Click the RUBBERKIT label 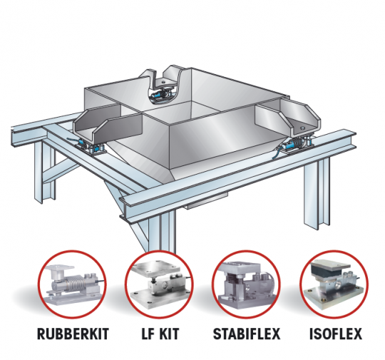tap(73, 334)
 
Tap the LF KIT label tap(160, 334)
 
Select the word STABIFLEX tap(247, 334)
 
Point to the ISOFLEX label tap(336, 334)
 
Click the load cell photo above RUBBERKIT tap(73, 284)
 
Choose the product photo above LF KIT tap(160, 284)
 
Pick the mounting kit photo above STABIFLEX tap(246, 284)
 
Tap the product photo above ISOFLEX tap(334, 284)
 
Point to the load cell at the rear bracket tap(161, 94)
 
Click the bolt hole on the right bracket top tap(302, 127)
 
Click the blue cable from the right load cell tap(277, 153)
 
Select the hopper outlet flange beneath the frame tap(206, 201)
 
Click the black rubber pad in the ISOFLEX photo tap(328, 272)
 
